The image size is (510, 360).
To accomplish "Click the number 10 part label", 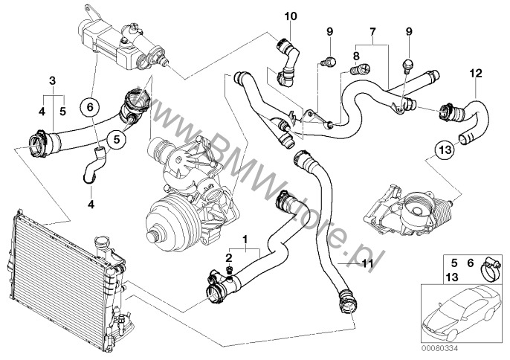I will tap(289, 15).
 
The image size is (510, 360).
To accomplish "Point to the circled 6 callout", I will tap(91, 107).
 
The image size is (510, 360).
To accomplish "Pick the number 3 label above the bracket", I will tap(51, 80).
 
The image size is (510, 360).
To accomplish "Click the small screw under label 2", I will tap(232, 269).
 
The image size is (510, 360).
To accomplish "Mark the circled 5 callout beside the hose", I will tap(116, 138).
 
